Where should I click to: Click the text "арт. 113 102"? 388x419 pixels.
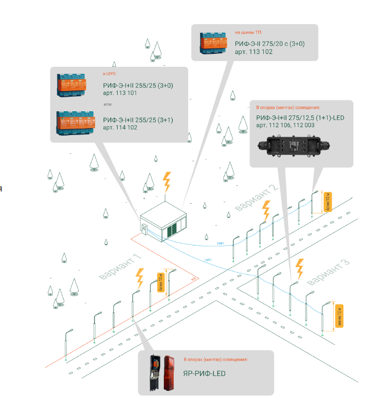(253, 51)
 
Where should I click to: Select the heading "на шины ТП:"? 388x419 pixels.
(245, 33)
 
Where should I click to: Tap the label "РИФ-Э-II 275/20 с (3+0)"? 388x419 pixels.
(270, 44)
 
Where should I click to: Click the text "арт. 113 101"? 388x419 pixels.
(120, 93)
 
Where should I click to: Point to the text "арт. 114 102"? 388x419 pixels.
(120, 128)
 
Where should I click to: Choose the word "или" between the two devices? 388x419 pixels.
(107, 104)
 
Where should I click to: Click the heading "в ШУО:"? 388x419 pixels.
(109, 74)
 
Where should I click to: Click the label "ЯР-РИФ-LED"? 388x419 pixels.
(204, 373)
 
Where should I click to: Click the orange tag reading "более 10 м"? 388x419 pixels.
(160, 283)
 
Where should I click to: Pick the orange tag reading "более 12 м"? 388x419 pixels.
(327, 202)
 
